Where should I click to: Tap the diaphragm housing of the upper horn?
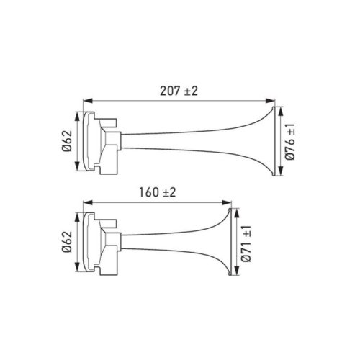pos(92,142)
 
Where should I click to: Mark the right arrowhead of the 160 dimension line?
pos(231,202)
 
